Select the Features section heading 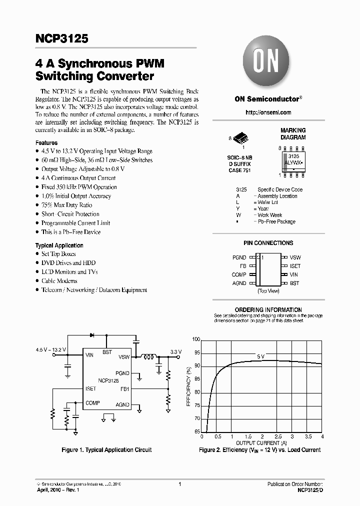46,142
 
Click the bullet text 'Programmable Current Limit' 75,223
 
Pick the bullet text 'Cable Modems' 59,281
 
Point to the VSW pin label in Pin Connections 295,257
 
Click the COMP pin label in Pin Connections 239,274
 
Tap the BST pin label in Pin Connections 294,283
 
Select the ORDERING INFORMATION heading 268,309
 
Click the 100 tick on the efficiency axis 196,339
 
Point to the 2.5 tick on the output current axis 278,436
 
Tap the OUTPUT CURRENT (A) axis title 261,443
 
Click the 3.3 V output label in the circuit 176,352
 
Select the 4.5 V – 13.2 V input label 51,349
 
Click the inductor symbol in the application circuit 148,356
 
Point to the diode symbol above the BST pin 92,334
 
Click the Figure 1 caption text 106,450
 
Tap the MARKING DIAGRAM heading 293,133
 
